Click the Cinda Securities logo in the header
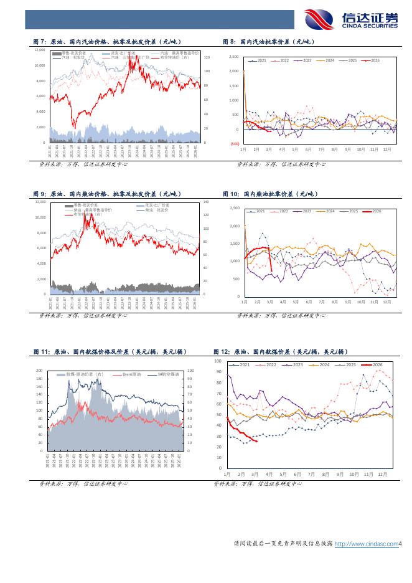(x=352, y=20)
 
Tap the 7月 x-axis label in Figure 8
(x=321, y=149)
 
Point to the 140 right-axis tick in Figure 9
(x=206, y=202)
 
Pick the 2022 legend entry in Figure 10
(x=284, y=211)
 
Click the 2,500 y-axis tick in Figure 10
(x=235, y=208)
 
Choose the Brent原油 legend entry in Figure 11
(x=132, y=374)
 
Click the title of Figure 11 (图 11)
(x=110, y=352)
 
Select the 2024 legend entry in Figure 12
(x=321, y=364)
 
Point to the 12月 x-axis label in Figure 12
(x=382, y=474)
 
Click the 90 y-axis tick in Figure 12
(x=219, y=372)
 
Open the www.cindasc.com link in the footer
(x=366, y=544)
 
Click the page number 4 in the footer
(x=401, y=544)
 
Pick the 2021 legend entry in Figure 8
(x=258, y=60)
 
